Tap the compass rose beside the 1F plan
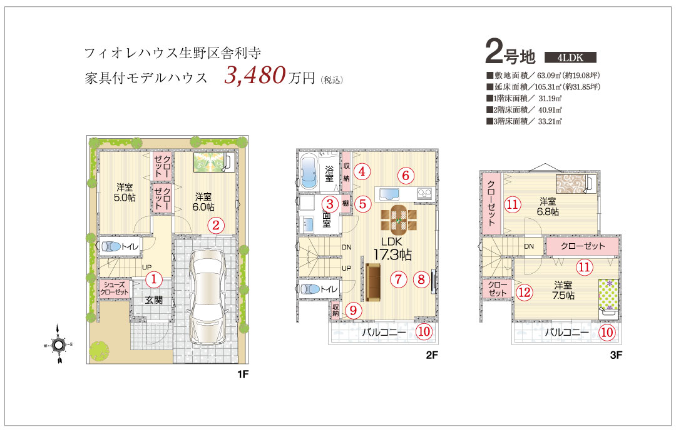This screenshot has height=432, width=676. coord(58,344)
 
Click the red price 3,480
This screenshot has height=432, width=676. coord(255,75)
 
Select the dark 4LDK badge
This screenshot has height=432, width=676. coord(570,58)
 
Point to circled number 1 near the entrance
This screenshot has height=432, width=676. coord(154,280)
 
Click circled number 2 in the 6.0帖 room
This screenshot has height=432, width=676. coord(217,225)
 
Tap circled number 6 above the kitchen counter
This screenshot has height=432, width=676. coord(405,175)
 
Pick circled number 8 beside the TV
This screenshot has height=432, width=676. coord(422,279)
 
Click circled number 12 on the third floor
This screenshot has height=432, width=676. coord(525,293)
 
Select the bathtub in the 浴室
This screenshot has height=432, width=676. coord(308,171)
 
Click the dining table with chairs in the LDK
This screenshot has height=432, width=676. coord(399,219)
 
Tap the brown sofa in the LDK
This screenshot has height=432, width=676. coord(373,282)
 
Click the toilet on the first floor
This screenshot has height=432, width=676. coord(111,247)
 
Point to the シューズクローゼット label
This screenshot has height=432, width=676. coord(115,289)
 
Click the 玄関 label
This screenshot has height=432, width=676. coord(154,300)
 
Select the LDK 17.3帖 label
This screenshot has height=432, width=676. coord(392,249)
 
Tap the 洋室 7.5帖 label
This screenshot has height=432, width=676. coord(563,290)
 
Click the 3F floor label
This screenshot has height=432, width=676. coord(616,355)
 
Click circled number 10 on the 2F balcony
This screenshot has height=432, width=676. coord(424,331)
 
